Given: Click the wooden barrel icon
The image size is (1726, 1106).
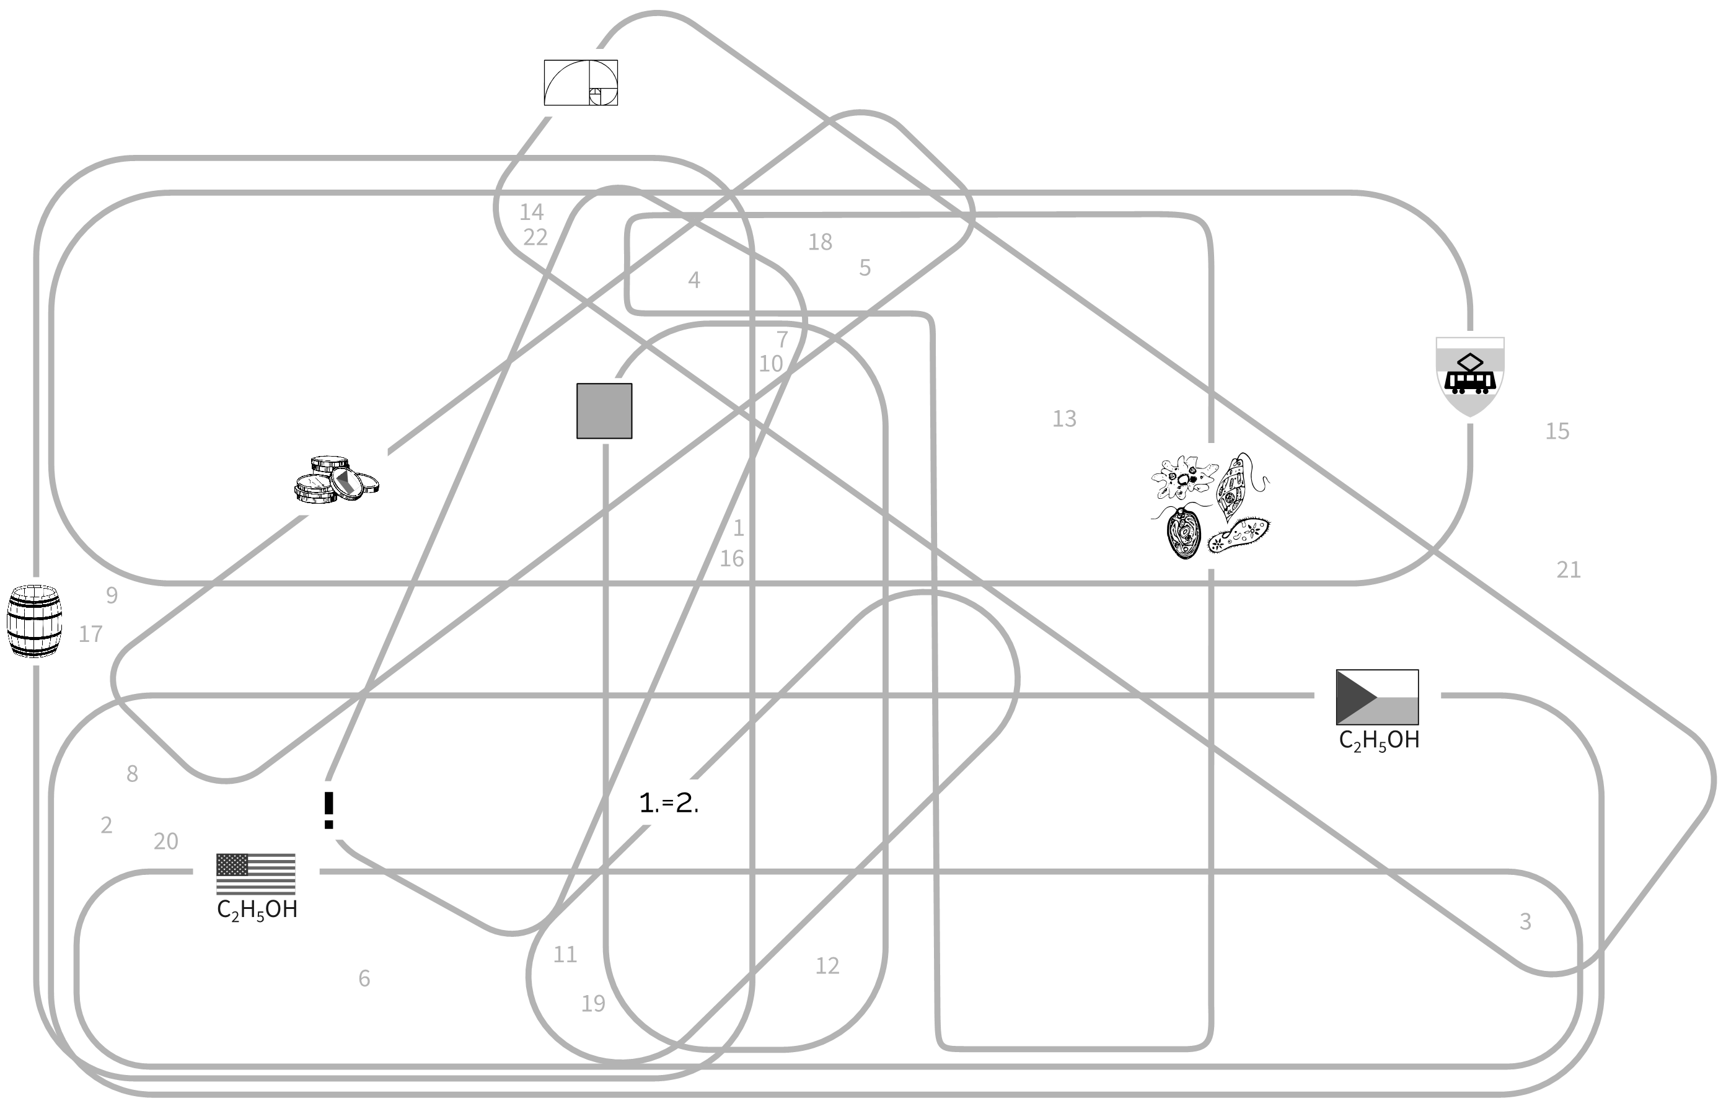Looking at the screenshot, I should tap(33, 621).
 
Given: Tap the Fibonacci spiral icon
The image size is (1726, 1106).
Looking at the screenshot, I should tap(580, 82).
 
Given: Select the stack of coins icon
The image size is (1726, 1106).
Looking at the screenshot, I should tap(336, 478).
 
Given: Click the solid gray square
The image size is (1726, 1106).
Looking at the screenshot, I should tap(604, 411).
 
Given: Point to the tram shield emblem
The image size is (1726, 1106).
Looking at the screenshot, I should tap(1469, 376).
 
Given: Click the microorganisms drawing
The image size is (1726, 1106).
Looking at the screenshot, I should tap(1210, 506).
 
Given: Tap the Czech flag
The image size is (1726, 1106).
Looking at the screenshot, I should tap(1377, 696).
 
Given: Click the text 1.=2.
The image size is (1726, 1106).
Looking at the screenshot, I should tap(669, 803).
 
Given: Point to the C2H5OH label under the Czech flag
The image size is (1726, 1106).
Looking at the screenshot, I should tap(1379, 740).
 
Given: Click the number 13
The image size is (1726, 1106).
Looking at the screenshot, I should tap(1063, 419).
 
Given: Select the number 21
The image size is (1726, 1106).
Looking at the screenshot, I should tap(1568, 570).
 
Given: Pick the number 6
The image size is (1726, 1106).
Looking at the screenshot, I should tap(364, 978).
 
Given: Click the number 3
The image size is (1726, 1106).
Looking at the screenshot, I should tap(1525, 921).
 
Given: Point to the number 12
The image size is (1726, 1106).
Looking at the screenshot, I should tap(827, 966).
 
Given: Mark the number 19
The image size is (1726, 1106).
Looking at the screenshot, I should tap(592, 1003).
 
